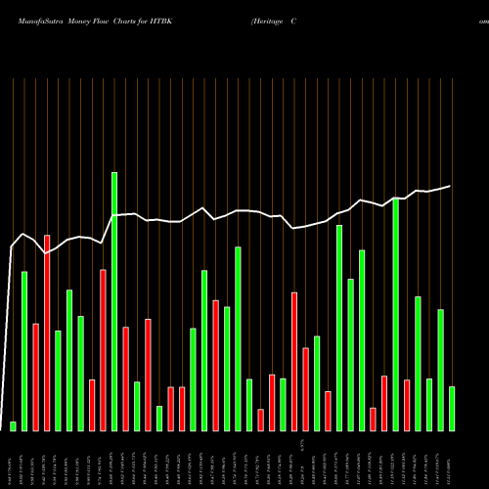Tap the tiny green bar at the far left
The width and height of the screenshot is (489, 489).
click(14, 425)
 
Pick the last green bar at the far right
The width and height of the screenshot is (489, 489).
click(452, 408)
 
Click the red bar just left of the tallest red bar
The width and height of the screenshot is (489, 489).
click(35, 377)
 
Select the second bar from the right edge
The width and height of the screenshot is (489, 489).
click(441, 370)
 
